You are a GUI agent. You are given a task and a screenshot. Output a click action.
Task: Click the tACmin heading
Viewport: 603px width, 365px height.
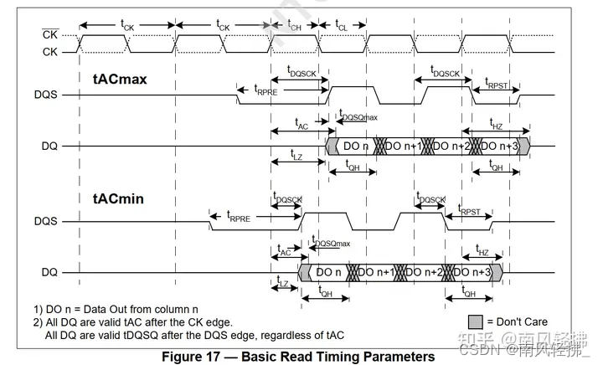click(x=117, y=198)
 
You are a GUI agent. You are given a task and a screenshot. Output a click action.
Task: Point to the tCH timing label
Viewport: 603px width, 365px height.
click(x=296, y=25)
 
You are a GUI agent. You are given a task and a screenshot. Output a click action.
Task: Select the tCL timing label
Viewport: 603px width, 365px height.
click(x=342, y=25)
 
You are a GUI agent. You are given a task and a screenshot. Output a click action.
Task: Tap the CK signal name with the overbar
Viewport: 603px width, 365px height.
click(x=49, y=34)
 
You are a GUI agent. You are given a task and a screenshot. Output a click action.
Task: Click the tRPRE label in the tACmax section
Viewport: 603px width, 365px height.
click(x=266, y=89)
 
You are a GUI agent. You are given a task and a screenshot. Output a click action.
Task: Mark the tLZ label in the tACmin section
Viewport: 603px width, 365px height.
click(x=284, y=284)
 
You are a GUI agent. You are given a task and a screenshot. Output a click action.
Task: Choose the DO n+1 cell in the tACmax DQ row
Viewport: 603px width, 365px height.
click(x=404, y=146)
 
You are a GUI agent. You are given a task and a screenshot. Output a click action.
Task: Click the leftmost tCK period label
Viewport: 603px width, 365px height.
click(x=128, y=25)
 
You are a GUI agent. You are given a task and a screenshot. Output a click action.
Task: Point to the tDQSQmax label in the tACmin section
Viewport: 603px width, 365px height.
click(x=331, y=242)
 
